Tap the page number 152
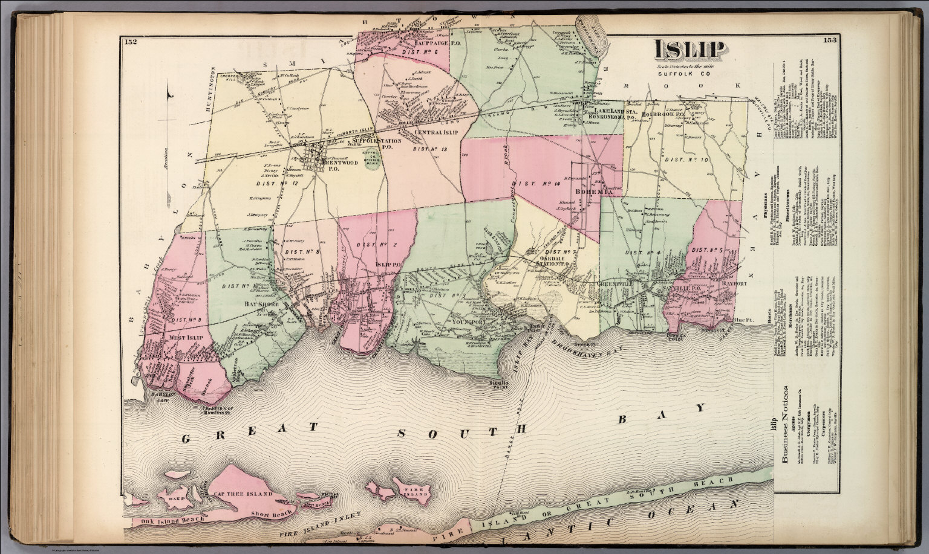(x=130, y=42)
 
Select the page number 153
(x=830, y=41)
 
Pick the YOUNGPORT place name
(x=469, y=321)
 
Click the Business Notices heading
(x=786, y=425)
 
